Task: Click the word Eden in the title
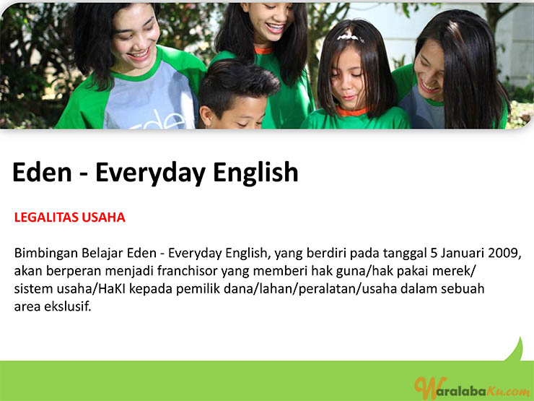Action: (42, 173)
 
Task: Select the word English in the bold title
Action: (255, 173)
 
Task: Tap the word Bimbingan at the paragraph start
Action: (46, 254)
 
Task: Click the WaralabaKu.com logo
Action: (471, 388)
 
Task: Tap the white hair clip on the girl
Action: (350, 37)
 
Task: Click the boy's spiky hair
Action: (237, 84)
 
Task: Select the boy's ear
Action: (206, 116)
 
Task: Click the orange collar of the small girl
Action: (352, 111)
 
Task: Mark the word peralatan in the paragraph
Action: (328, 289)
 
